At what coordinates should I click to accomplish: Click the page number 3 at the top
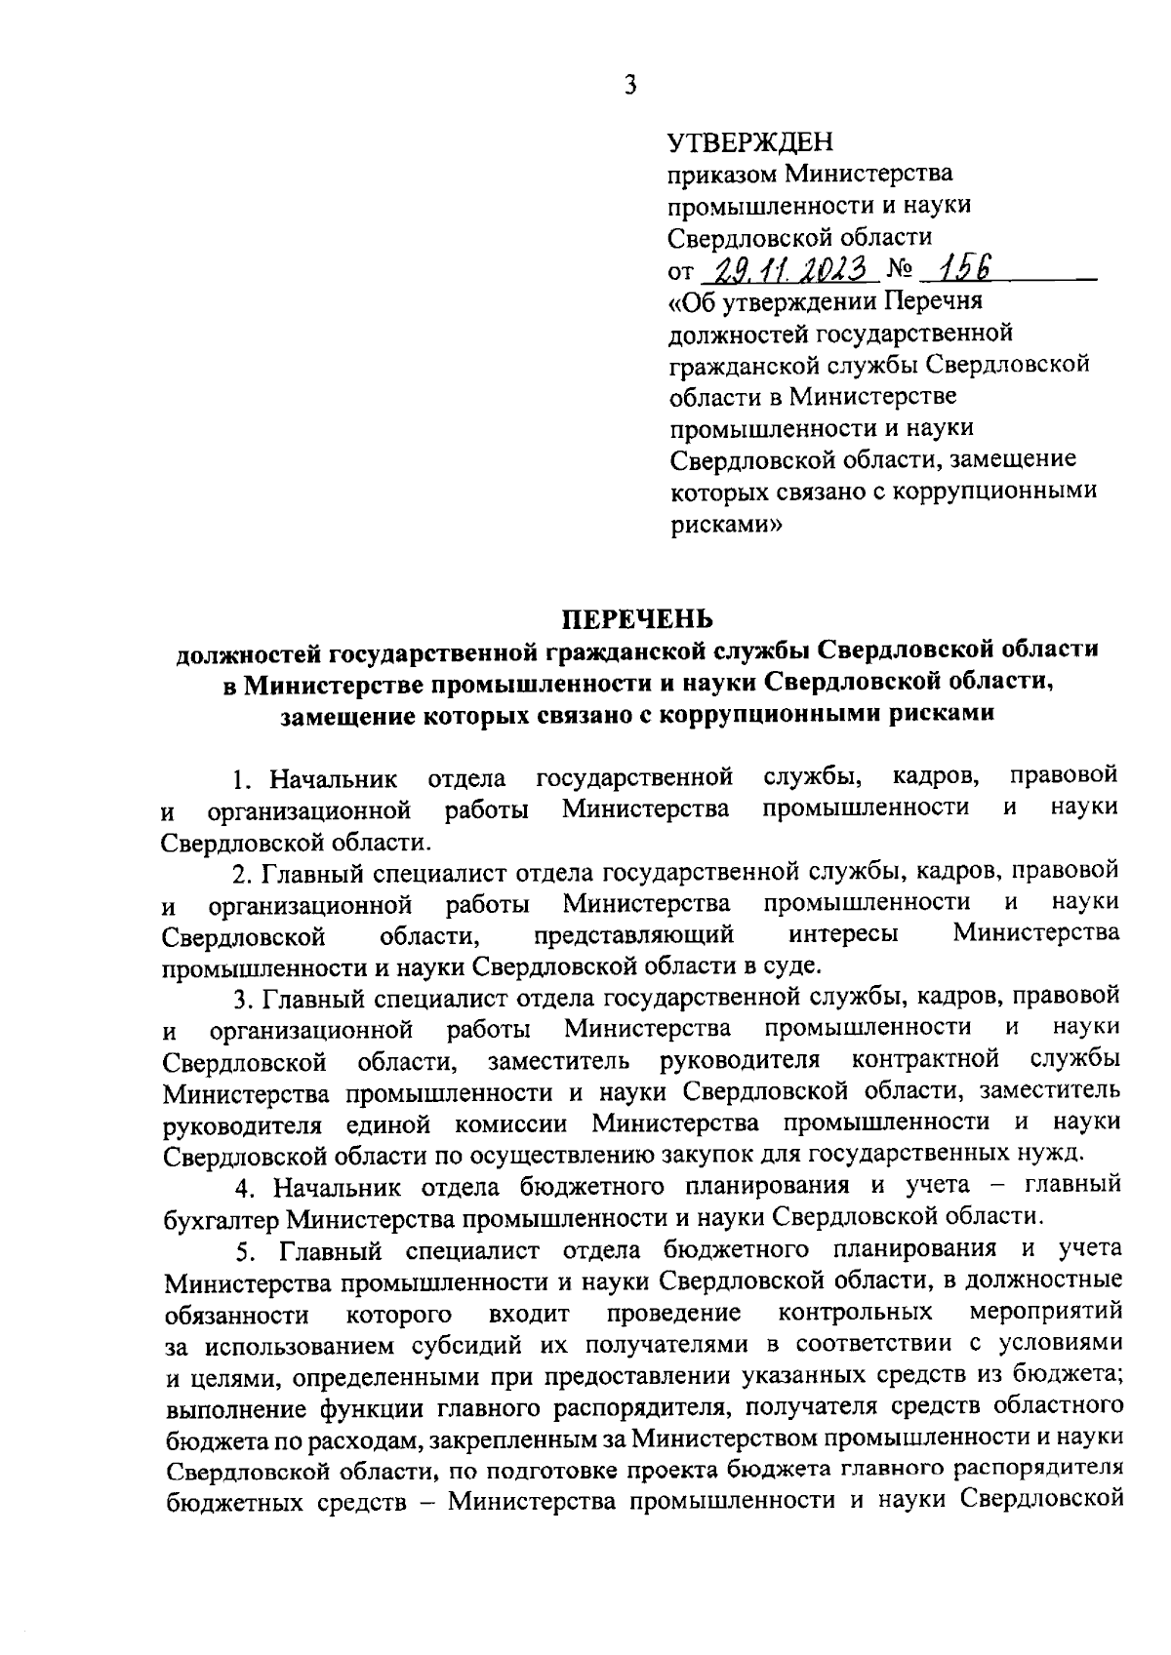pyautogui.click(x=630, y=85)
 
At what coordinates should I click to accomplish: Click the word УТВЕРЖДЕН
pyautogui.click(x=750, y=143)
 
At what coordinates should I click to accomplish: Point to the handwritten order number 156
pyautogui.click(x=950, y=267)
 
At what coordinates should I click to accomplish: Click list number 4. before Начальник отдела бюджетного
pyautogui.click(x=243, y=1188)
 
